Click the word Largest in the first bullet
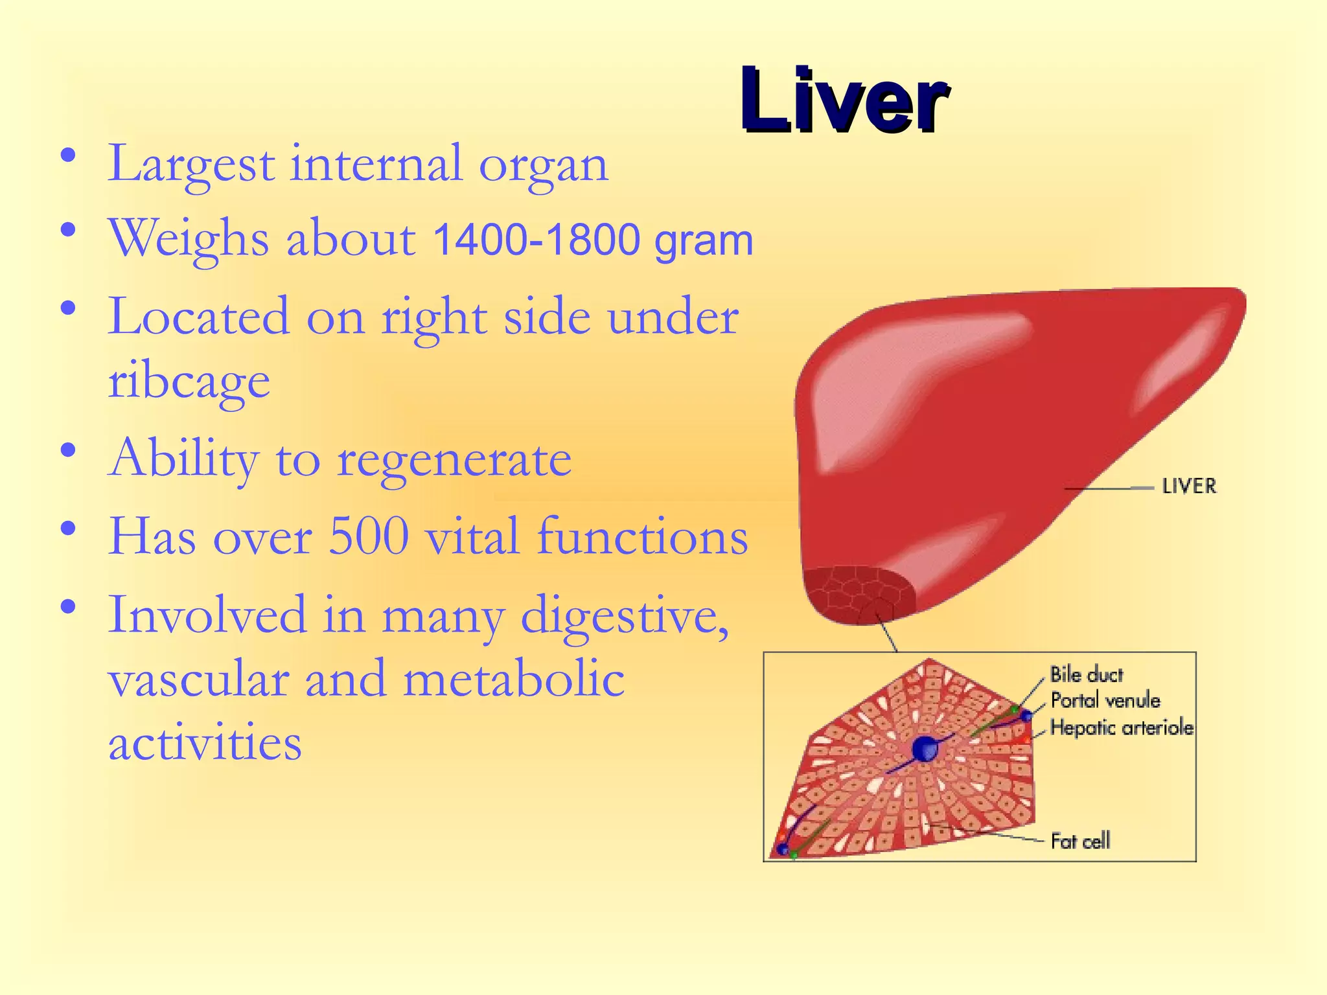(191, 164)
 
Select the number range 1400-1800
(537, 240)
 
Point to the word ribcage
(189, 382)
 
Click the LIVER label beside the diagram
(1189, 486)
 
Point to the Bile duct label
(1087, 675)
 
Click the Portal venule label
(1105, 701)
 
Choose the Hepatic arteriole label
(1122, 728)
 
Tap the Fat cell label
(1080, 841)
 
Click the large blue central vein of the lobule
(925, 749)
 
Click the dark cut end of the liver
(855, 595)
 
